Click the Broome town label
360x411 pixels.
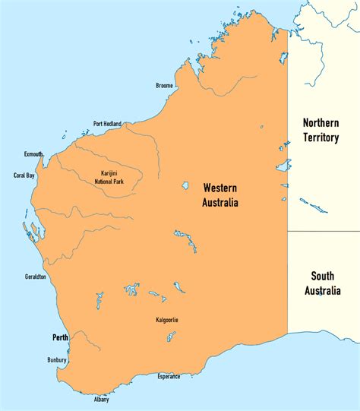(164, 86)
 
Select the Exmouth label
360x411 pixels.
(33, 153)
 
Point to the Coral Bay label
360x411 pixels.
(24, 175)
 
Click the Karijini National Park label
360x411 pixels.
(108, 178)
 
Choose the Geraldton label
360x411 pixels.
(35, 277)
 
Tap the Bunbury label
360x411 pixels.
(56, 360)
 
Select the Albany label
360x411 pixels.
(102, 399)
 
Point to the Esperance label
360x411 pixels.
(169, 376)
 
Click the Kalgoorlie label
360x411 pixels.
(166, 319)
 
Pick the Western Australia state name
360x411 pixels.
(219, 195)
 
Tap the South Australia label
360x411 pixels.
(323, 283)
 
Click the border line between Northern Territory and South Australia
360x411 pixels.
(323, 231)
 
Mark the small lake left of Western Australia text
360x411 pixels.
(185, 184)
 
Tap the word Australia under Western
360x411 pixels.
(219, 203)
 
